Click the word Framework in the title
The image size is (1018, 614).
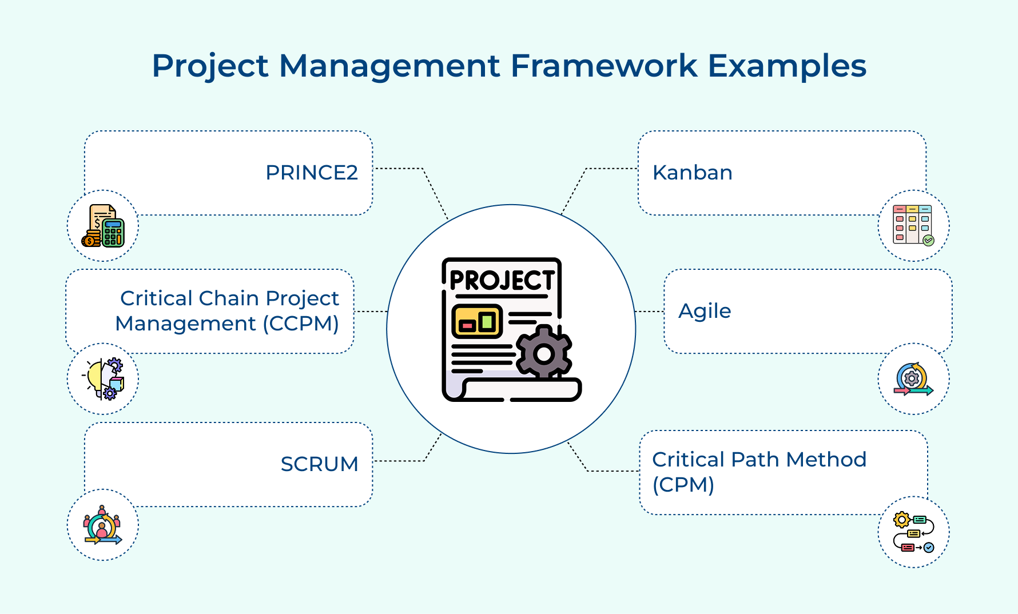click(x=603, y=66)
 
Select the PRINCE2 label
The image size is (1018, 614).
click(x=312, y=173)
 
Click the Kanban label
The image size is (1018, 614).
click(x=692, y=173)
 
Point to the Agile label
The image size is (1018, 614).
click(x=705, y=311)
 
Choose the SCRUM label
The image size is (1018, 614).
click(x=319, y=464)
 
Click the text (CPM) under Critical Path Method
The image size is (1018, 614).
click(x=683, y=485)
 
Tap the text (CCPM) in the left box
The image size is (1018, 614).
click(x=301, y=324)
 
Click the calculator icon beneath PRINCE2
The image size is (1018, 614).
click(x=103, y=226)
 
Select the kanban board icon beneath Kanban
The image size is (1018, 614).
click(x=913, y=225)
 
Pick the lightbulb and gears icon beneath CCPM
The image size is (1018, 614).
click(x=104, y=379)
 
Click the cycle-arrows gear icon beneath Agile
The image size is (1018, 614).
click(x=913, y=379)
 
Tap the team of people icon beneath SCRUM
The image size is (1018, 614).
click(x=103, y=525)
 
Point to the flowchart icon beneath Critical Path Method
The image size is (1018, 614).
click(x=913, y=532)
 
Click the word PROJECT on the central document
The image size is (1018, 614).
click(x=502, y=280)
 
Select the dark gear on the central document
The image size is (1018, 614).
click(x=543, y=353)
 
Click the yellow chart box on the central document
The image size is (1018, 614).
click(x=476, y=321)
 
